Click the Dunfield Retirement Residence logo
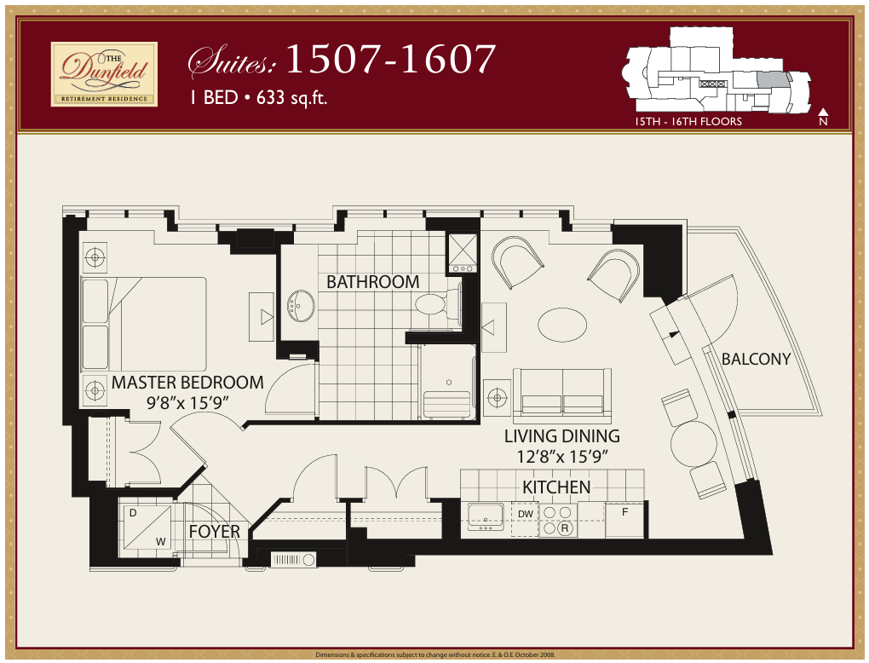pos(104,74)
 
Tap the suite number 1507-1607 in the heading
pos(390,60)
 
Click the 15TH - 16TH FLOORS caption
pos(688,122)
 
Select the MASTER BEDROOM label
pos(187,383)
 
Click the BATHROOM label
pos(372,281)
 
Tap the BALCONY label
pos(756,359)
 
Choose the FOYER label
pos(214,531)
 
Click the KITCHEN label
pos(556,487)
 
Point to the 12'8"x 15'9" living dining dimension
pos(561,456)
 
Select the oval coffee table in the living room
pos(561,324)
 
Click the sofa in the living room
pos(562,393)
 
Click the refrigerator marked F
pos(624,520)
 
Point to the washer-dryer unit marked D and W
pos(146,527)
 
